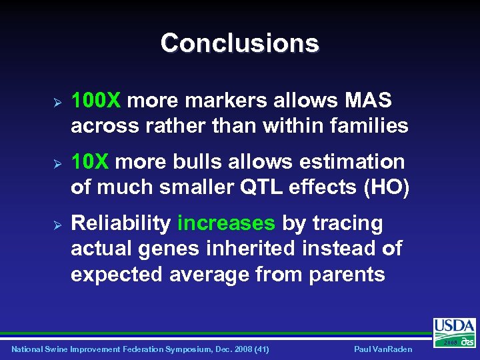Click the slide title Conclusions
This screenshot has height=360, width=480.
tap(239, 43)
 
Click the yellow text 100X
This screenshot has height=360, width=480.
tap(95, 101)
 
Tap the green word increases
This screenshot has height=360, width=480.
tap(226, 223)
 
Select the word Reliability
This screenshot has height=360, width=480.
tap(121, 223)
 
